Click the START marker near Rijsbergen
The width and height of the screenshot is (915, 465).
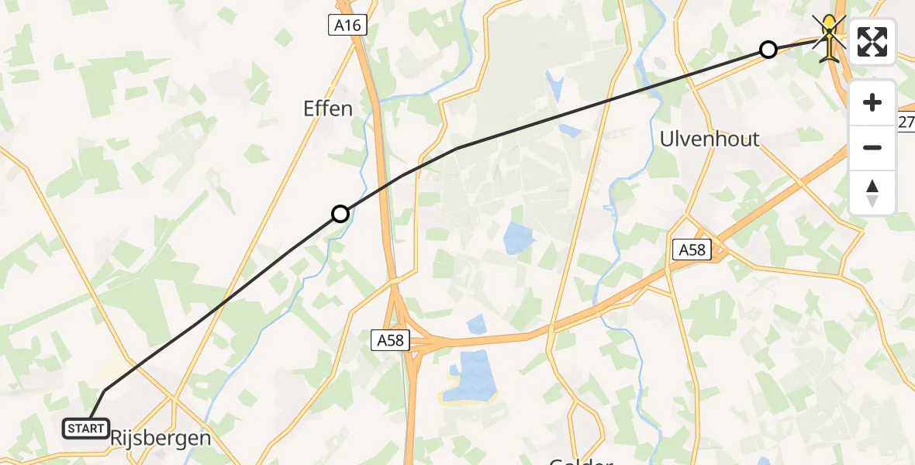(85, 429)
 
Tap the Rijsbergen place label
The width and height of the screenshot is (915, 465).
(161, 438)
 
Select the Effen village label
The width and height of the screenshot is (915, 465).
(327, 108)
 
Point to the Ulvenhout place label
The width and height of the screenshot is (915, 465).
(709, 139)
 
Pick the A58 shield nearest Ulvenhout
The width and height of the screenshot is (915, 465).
(692, 249)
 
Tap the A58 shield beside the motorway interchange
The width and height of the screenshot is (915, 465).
(391, 339)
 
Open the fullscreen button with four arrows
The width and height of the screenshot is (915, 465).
(872, 42)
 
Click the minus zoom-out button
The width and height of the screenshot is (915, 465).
(872, 147)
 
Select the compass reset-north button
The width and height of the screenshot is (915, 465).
(872, 192)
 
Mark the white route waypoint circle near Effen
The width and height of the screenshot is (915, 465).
(340, 214)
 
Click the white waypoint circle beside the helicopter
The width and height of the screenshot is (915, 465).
(768, 50)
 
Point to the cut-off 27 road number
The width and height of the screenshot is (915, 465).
(906, 122)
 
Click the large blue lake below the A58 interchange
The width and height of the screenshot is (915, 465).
(469, 375)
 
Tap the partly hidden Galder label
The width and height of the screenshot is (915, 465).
(581, 460)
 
